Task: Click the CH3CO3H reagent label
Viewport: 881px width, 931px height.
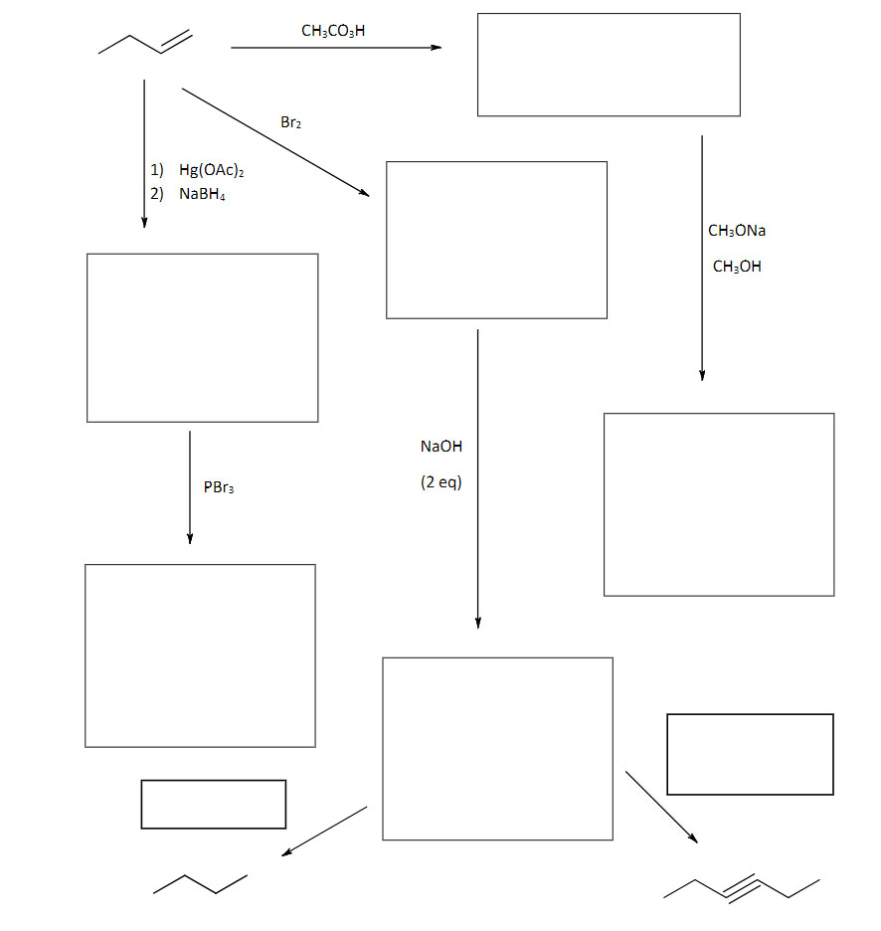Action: [x=333, y=31]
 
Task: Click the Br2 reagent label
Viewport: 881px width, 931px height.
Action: [x=290, y=123]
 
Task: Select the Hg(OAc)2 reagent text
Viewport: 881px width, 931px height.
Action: [x=212, y=171]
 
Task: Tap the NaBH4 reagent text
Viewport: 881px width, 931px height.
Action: [x=202, y=194]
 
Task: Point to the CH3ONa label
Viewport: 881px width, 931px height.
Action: [x=737, y=231]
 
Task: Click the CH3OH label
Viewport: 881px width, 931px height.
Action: [x=737, y=267]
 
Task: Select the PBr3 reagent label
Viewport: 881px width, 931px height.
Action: [x=219, y=487]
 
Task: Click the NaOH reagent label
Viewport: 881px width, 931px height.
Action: [x=441, y=447]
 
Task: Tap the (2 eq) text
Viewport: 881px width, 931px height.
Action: [x=441, y=482]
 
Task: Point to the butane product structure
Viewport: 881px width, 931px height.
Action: [x=200, y=883]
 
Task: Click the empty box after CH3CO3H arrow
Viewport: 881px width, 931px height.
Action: [x=609, y=65]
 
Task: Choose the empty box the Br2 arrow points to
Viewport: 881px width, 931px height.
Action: [x=496, y=240]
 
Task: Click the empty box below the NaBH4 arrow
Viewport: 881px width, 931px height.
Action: [x=203, y=337]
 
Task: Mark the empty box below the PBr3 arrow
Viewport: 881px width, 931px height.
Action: [x=200, y=655]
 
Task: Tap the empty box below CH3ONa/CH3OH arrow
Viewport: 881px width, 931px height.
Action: [x=719, y=504]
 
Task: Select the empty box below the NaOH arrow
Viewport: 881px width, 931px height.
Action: [x=497, y=748]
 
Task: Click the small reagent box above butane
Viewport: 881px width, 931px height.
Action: [x=214, y=804]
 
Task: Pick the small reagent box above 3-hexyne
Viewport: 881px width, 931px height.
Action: [x=750, y=754]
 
